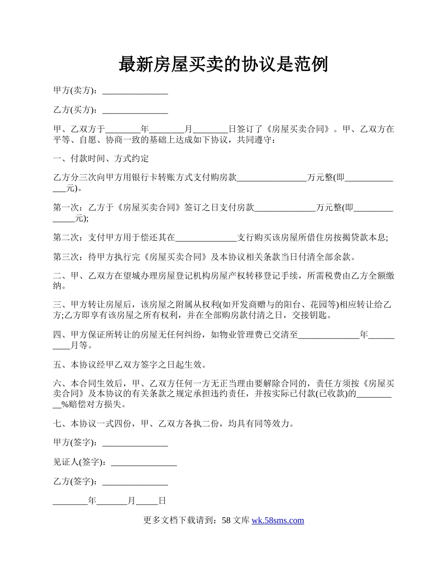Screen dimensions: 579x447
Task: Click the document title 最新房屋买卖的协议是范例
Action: [223, 64]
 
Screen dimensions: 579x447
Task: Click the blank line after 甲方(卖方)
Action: [135, 91]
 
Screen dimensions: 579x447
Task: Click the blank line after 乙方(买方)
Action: [135, 111]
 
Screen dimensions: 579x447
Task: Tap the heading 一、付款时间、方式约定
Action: [101, 159]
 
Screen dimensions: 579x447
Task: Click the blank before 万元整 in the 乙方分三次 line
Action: [272, 178]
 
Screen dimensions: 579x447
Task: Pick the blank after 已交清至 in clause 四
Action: [329, 335]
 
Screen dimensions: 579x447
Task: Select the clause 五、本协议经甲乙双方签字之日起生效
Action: [129, 365]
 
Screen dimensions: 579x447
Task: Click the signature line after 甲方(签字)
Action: [135, 443]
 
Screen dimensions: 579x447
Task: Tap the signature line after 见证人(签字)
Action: [144, 463]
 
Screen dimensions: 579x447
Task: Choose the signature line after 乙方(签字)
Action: [135, 482]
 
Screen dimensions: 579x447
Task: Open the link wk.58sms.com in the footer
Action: [278, 521]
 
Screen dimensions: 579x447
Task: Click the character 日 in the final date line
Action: [162, 501]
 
